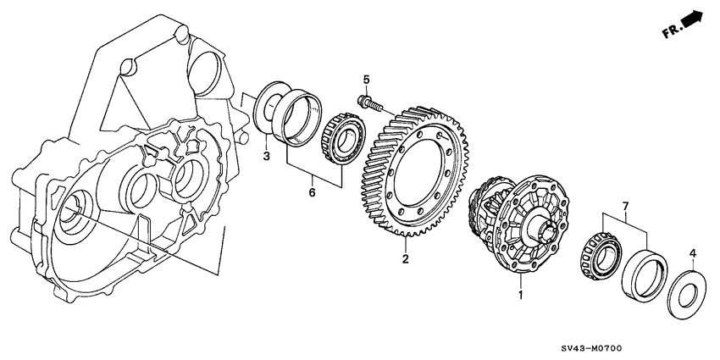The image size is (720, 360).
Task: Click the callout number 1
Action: click(521, 296)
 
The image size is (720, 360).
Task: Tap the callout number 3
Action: click(265, 156)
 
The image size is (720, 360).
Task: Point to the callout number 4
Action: click(692, 252)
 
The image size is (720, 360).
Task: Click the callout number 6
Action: click(311, 193)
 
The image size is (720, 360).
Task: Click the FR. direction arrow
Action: click(693, 19)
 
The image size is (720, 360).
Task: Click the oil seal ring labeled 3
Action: click(271, 106)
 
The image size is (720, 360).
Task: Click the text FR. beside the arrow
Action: click(672, 30)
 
